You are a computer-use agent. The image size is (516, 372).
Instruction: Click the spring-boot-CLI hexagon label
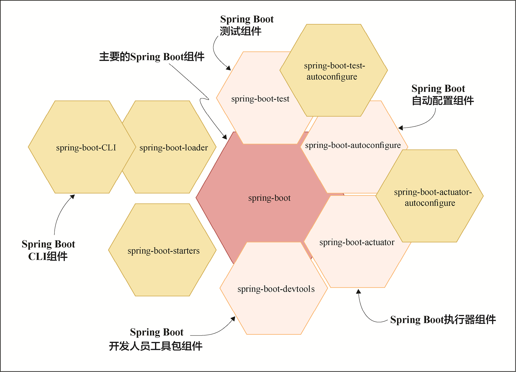click(x=86, y=148)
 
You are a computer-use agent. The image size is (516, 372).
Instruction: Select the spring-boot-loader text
click(x=174, y=148)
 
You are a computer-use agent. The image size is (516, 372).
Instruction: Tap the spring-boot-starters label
click(x=163, y=251)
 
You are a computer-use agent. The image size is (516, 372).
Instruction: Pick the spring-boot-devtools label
click(x=276, y=289)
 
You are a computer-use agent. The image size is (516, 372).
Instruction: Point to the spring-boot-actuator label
click(x=357, y=242)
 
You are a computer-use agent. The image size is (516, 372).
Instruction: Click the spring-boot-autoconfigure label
click(x=353, y=145)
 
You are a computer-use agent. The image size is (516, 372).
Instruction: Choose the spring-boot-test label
click(x=260, y=99)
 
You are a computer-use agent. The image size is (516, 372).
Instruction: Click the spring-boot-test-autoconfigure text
click(x=334, y=71)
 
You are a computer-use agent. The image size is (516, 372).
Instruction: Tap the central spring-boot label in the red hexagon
click(x=269, y=198)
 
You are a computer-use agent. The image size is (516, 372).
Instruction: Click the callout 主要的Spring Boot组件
click(x=152, y=57)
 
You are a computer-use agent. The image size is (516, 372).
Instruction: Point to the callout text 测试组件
click(x=241, y=31)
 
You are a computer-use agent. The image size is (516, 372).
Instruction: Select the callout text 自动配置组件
click(x=443, y=101)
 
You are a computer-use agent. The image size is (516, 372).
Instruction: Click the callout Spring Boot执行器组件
click(x=443, y=319)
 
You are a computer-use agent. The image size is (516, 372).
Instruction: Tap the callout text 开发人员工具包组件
click(x=156, y=346)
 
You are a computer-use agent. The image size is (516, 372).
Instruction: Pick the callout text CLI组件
click(x=48, y=256)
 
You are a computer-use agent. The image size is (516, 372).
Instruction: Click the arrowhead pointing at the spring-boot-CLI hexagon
click(x=73, y=197)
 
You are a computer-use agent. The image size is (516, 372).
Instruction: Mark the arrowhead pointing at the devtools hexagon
click(x=233, y=319)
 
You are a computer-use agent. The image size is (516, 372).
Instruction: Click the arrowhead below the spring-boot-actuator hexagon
click(x=358, y=291)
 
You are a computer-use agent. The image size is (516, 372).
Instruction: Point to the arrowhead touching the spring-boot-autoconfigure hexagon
click(x=401, y=128)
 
